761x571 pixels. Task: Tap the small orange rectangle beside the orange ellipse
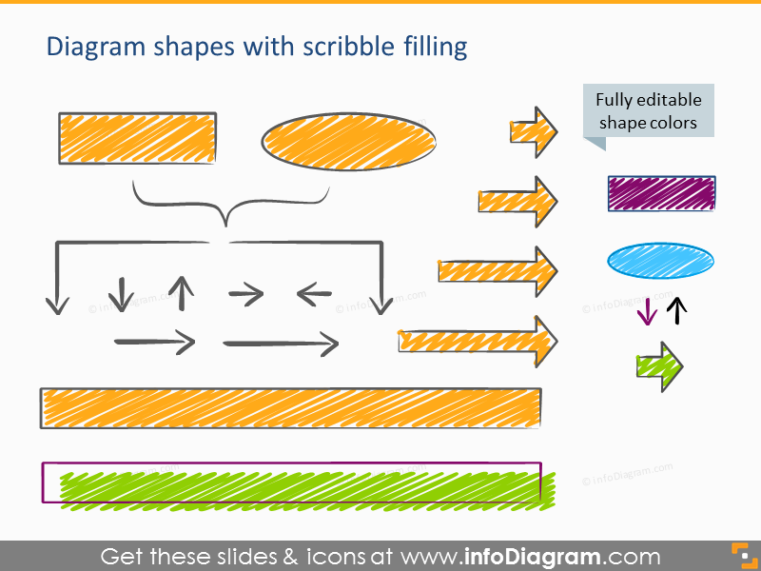[137, 138]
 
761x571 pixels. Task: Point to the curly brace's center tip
[225, 225]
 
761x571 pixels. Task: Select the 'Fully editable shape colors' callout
[648, 112]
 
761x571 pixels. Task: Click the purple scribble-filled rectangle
[661, 193]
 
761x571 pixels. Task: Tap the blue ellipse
[660, 261]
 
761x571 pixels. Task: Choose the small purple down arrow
[647, 312]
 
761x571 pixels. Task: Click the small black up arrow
[676, 311]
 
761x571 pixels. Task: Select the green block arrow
[659, 366]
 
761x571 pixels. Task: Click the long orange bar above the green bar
[290, 408]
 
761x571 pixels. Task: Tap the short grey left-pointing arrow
[314, 294]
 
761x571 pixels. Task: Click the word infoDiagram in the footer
[533, 557]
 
